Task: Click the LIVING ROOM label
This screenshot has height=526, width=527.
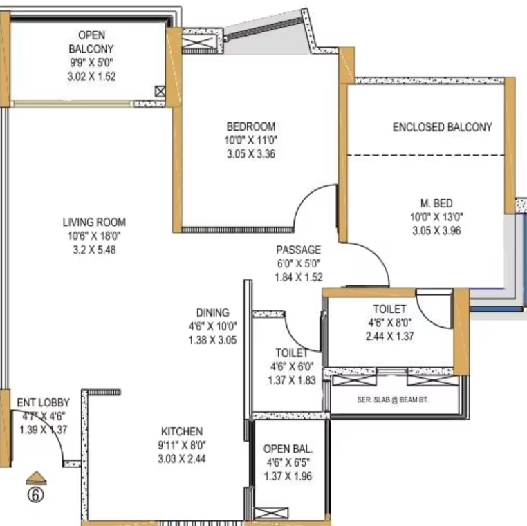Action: pyautogui.click(x=94, y=223)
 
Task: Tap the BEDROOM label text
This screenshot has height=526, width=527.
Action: pyautogui.click(x=251, y=126)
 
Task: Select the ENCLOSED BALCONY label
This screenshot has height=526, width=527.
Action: pyautogui.click(x=443, y=127)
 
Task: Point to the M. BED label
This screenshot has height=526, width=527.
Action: pyautogui.click(x=436, y=203)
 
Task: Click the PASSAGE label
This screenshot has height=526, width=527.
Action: pyautogui.click(x=299, y=250)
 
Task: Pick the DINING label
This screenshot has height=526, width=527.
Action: pyautogui.click(x=213, y=312)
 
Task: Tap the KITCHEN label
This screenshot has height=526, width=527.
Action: pyautogui.click(x=182, y=431)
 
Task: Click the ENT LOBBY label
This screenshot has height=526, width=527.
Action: pyautogui.click(x=44, y=402)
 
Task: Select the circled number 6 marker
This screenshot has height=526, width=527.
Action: pyautogui.click(x=36, y=495)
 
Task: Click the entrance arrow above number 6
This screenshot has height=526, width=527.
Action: pyautogui.click(x=36, y=478)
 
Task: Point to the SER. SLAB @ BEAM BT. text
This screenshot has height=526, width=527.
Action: pyautogui.click(x=393, y=400)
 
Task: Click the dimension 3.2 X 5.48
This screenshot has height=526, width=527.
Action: pyautogui.click(x=95, y=250)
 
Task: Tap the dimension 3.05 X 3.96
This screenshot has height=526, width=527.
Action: pyautogui.click(x=436, y=231)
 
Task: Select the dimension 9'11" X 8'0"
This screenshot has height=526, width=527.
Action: pyautogui.click(x=182, y=445)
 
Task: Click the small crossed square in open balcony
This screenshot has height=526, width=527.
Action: pyautogui.click(x=160, y=91)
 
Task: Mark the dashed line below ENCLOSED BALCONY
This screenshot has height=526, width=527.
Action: pyautogui.click(x=426, y=155)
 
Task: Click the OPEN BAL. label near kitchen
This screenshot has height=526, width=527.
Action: pyautogui.click(x=288, y=449)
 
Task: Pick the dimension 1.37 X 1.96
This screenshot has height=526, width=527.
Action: pyautogui.click(x=288, y=476)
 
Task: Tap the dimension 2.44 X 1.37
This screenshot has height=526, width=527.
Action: pyautogui.click(x=390, y=336)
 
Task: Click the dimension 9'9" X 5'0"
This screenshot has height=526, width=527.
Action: pyautogui.click(x=91, y=62)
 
